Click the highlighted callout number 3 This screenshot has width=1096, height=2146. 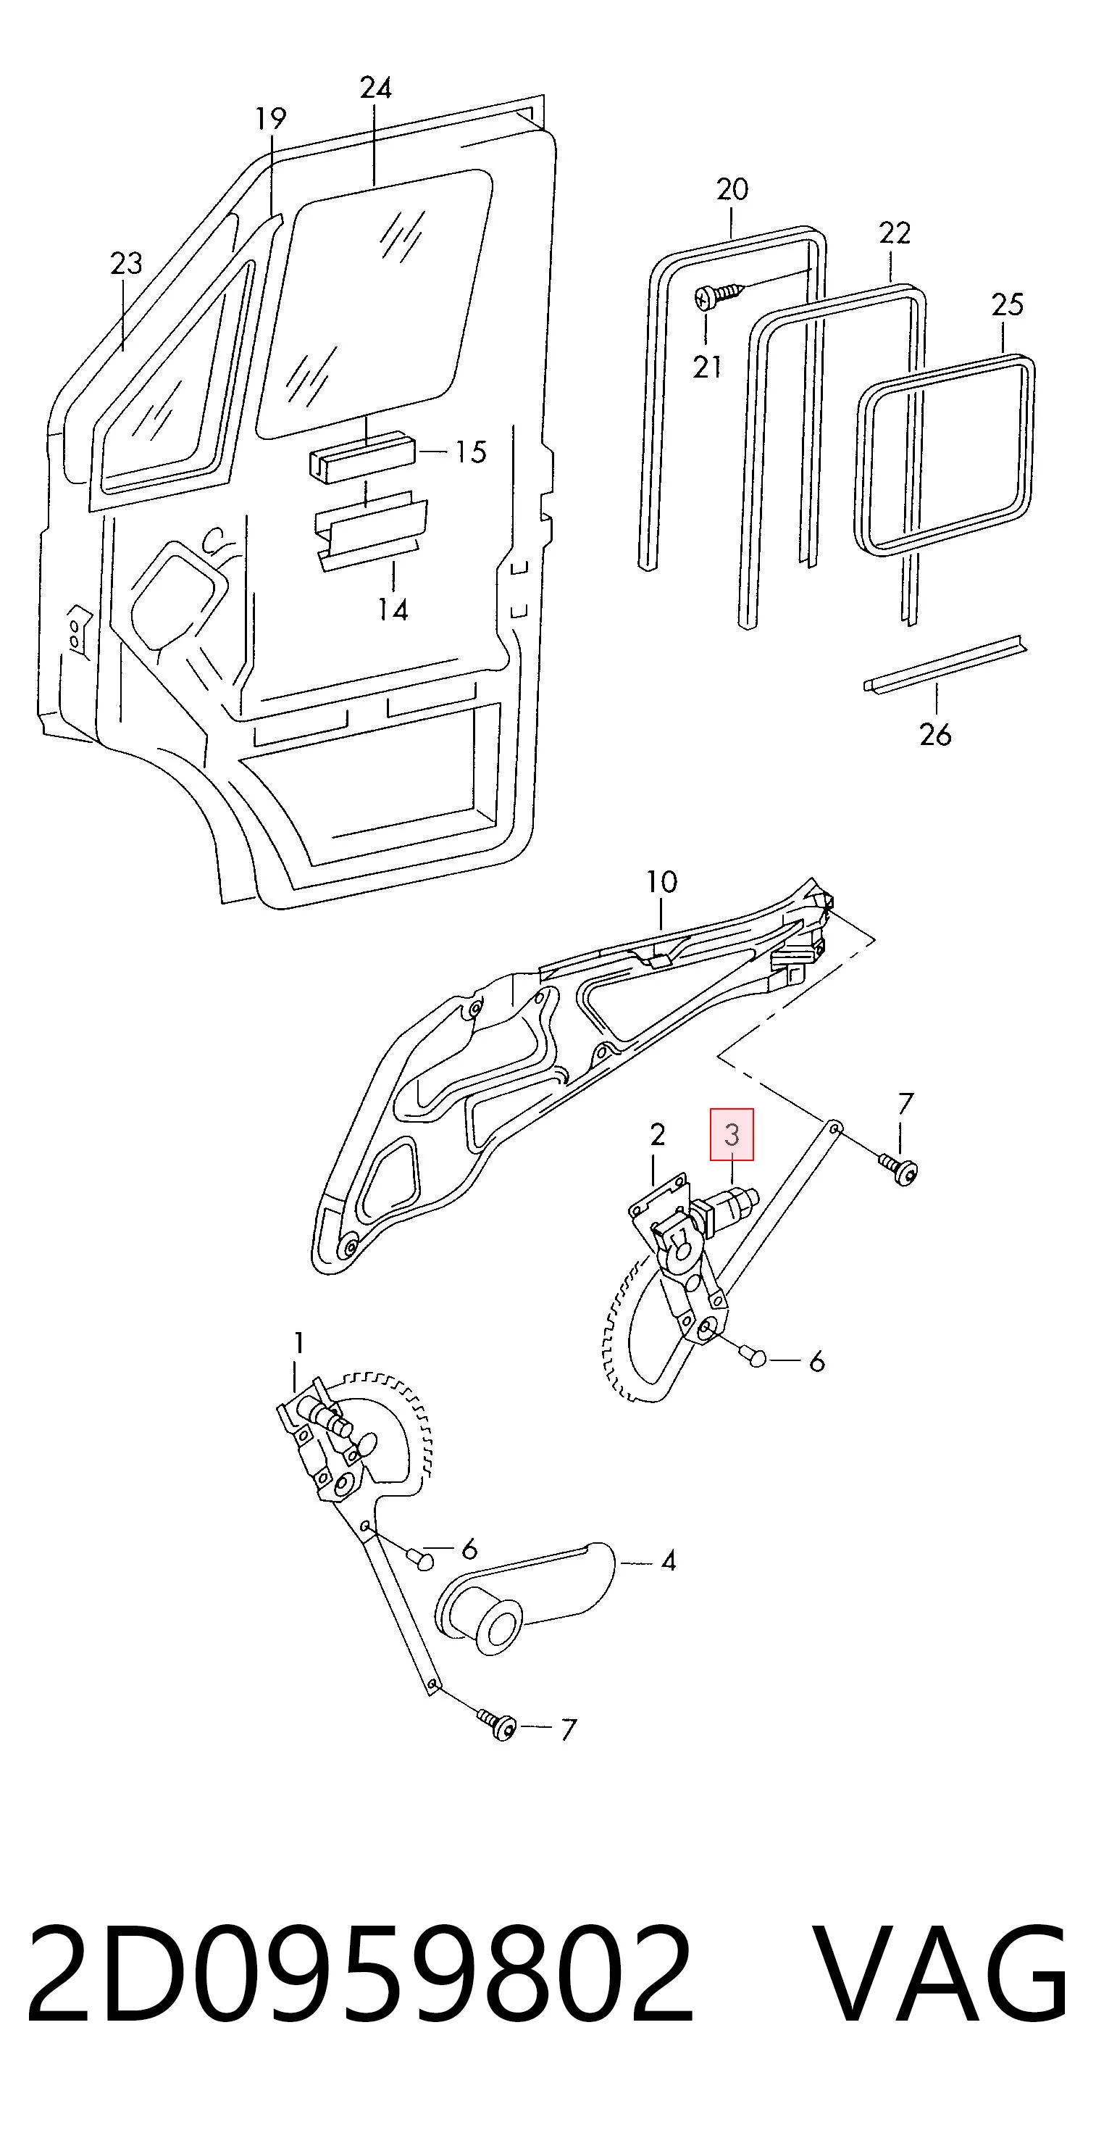pyautogui.click(x=731, y=1135)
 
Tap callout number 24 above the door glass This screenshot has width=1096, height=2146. pyautogui.click(x=376, y=88)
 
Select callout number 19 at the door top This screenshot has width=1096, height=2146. pyautogui.click(x=271, y=119)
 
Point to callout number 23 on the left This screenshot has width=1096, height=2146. pyautogui.click(x=127, y=264)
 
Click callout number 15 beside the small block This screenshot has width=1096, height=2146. pyautogui.click(x=471, y=452)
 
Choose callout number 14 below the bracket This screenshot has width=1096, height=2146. pyautogui.click(x=393, y=611)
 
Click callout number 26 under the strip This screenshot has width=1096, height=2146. pyautogui.click(x=935, y=735)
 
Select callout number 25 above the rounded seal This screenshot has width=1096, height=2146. pyautogui.click(x=1007, y=304)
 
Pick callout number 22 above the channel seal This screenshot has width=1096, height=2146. pyautogui.click(x=895, y=233)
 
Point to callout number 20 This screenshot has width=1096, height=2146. pyautogui.click(x=733, y=190)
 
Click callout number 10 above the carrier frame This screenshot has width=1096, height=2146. pyautogui.click(x=661, y=881)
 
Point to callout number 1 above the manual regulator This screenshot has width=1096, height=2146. pyautogui.click(x=298, y=1343)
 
